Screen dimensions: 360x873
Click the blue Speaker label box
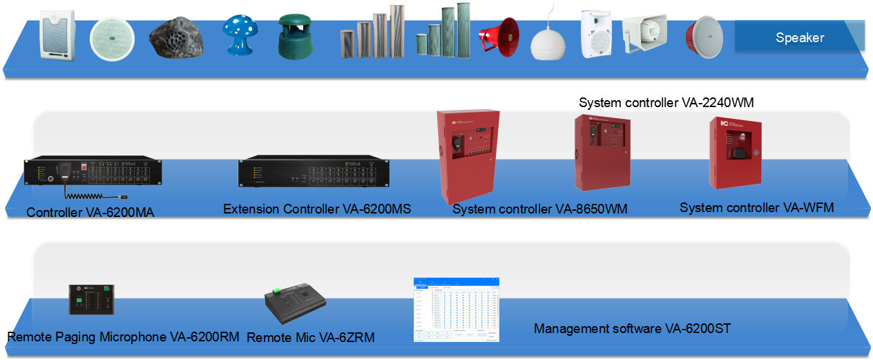(x=799, y=37)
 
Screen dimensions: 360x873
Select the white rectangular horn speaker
(x=645, y=32)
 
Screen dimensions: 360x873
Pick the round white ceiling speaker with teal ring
(x=111, y=37)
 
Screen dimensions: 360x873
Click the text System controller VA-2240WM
(x=666, y=103)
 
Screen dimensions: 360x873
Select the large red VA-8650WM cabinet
(x=468, y=156)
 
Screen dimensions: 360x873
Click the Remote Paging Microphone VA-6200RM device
(x=90, y=300)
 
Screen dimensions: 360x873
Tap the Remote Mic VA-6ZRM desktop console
(x=295, y=306)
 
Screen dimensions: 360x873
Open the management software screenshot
(x=457, y=310)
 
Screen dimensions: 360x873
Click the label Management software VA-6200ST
(x=632, y=329)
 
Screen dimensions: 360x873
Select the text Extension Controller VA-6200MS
(x=317, y=209)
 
